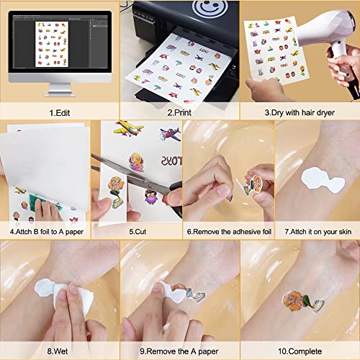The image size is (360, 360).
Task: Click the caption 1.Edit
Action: click(60, 112)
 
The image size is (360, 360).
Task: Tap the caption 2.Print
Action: click(178, 112)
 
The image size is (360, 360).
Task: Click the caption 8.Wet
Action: click(60, 353)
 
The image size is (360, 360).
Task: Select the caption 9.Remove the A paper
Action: click(178, 353)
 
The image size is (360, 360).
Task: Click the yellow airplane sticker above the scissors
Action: click(129, 130)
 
